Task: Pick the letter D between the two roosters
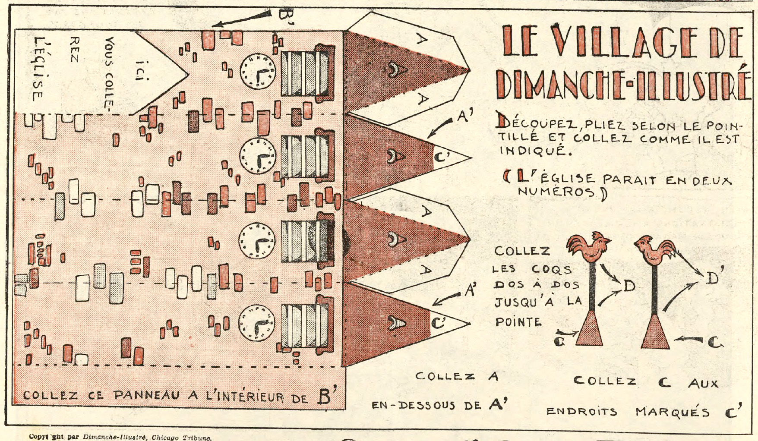629,285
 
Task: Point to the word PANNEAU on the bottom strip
147,395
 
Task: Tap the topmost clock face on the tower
258,71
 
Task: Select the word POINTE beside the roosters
518,322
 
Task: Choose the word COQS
551,269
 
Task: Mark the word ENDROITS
582,411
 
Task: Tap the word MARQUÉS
673,412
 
